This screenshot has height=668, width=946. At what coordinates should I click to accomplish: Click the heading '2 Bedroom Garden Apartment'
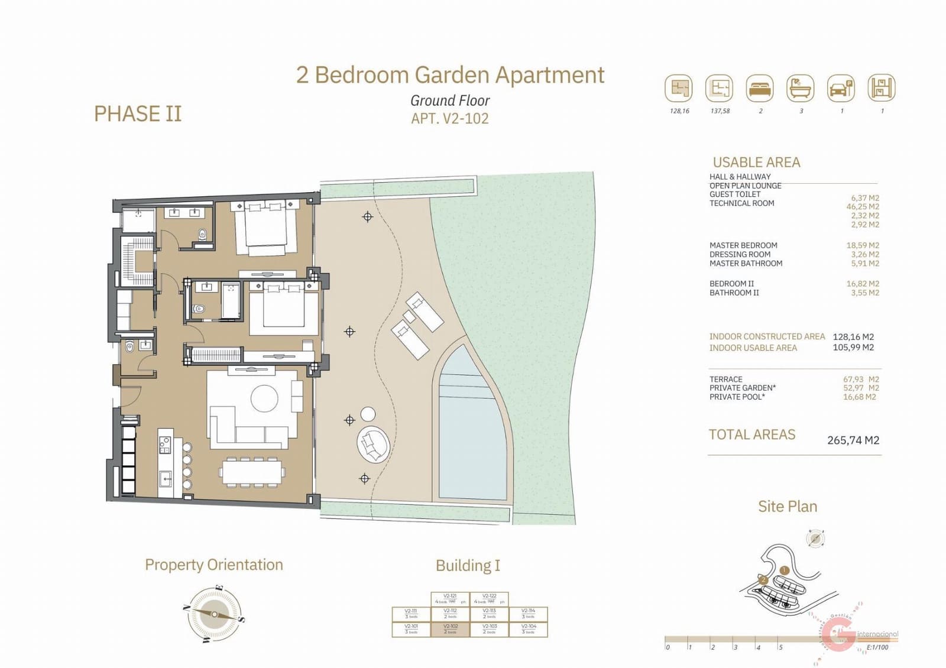tap(450, 75)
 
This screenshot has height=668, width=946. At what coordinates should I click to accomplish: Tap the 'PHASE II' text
tap(138, 114)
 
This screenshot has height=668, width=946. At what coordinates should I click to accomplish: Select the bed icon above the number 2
tap(760, 89)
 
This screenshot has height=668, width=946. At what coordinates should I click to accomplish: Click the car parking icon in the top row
tap(841, 89)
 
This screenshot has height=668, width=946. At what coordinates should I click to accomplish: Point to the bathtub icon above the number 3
tap(801, 89)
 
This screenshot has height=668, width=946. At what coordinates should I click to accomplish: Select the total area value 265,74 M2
tap(853, 440)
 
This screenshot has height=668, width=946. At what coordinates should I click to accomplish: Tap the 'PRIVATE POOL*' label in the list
tap(737, 397)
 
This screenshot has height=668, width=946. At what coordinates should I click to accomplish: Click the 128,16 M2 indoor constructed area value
tap(853, 337)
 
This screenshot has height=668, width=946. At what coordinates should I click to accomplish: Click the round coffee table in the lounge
tap(264, 398)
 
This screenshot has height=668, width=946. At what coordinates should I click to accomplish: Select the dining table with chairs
tap(252, 472)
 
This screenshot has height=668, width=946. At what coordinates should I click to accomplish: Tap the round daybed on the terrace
tap(373, 444)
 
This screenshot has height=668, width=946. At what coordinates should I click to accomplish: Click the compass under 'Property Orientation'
tap(213, 615)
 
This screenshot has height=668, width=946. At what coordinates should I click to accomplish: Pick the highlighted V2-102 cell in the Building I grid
tap(451, 629)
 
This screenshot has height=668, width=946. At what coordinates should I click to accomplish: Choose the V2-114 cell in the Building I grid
tap(528, 614)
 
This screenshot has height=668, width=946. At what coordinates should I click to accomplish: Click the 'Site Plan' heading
tap(787, 507)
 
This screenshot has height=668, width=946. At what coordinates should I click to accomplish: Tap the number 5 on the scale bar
tap(780, 647)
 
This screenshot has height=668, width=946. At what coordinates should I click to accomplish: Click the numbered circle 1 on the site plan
tap(784, 570)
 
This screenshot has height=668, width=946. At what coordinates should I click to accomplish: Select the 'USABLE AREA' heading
tap(756, 163)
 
